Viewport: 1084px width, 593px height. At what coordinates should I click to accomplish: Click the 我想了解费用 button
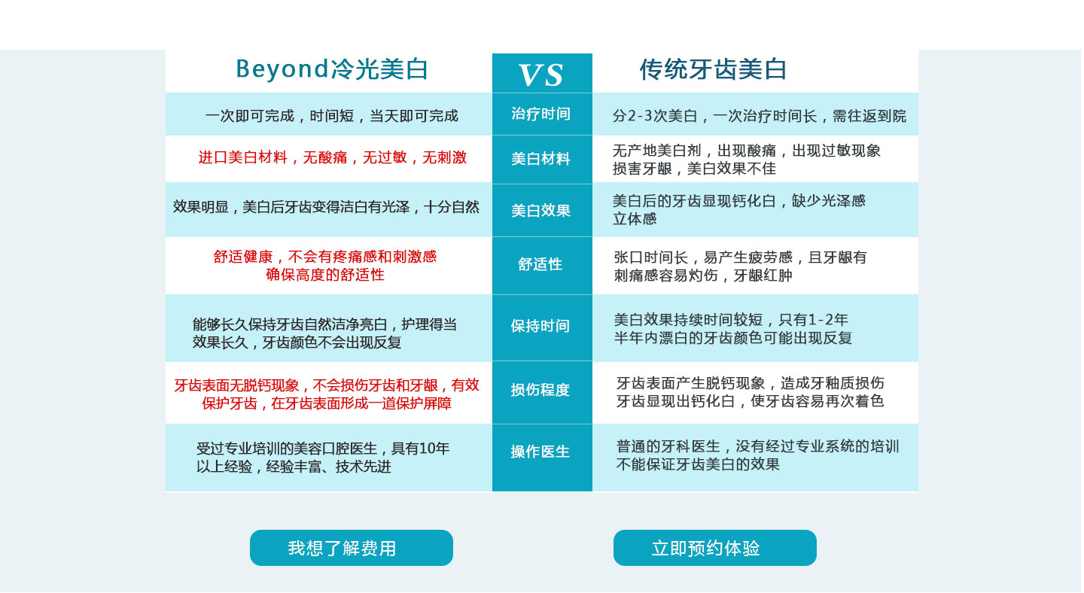click(x=352, y=549)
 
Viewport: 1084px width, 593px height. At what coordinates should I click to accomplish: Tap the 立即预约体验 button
click(x=716, y=549)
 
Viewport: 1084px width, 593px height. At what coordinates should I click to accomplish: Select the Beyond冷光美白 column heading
click(x=333, y=69)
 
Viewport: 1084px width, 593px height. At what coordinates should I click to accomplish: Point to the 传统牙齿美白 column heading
click(x=714, y=69)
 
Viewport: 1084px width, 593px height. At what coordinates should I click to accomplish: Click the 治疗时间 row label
click(x=541, y=114)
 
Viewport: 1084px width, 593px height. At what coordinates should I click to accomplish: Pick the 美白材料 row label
click(x=541, y=159)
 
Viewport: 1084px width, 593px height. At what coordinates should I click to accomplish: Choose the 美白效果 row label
click(x=541, y=211)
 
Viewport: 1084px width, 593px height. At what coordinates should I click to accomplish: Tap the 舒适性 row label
click(x=540, y=264)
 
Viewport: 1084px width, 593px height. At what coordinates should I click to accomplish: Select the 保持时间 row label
click(x=540, y=326)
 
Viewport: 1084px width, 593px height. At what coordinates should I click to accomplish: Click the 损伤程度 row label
click(x=540, y=390)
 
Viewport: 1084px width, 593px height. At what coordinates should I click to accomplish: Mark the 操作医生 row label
click(x=540, y=452)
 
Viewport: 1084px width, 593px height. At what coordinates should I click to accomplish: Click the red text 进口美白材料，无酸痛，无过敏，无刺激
click(x=333, y=158)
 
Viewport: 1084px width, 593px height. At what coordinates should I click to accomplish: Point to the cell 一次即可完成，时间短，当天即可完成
click(x=332, y=116)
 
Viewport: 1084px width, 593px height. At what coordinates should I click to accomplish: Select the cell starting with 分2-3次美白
click(x=760, y=116)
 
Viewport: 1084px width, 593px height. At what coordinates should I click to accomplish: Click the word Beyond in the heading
click(x=282, y=69)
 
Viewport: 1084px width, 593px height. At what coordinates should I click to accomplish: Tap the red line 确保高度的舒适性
click(x=325, y=275)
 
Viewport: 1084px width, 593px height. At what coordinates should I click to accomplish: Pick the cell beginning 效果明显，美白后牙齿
click(x=326, y=207)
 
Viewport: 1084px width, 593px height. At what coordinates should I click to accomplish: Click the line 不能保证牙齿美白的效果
click(x=699, y=465)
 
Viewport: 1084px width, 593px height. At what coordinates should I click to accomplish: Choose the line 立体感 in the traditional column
click(x=635, y=219)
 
